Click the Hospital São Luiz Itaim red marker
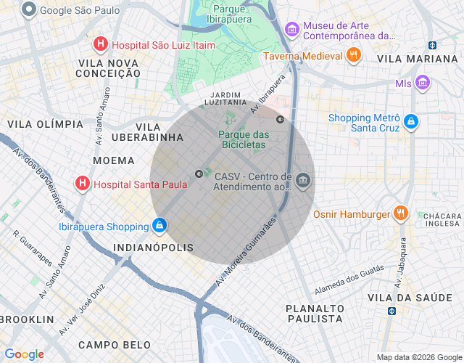pyautogui.click(x=101, y=45)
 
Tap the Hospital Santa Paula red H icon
pyautogui.click(x=83, y=184)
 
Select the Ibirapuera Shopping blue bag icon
pyautogui.click(x=159, y=227)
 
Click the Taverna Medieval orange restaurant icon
pyautogui.click(x=353, y=55)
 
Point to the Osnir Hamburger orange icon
pyautogui.click(x=401, y=213)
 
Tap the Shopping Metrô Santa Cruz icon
pyautogui.click(x=411, y=122)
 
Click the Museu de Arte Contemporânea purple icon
pyautogui.click(x=292, y=30)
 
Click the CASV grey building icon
pyautogui.click(x=303, y=181)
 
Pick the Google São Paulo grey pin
pyautogui.click(x=29, y=10)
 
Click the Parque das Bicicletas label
pyautogui.click(x=244, y=139)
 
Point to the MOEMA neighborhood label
pyautogui.click(x=114, y=160)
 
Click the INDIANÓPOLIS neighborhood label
pyautogui.click(x=154, y=248)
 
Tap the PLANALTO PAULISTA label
pyautogui.click(x=314, y=313)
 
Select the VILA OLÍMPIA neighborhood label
pyautogui.click(x=45, y=124)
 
